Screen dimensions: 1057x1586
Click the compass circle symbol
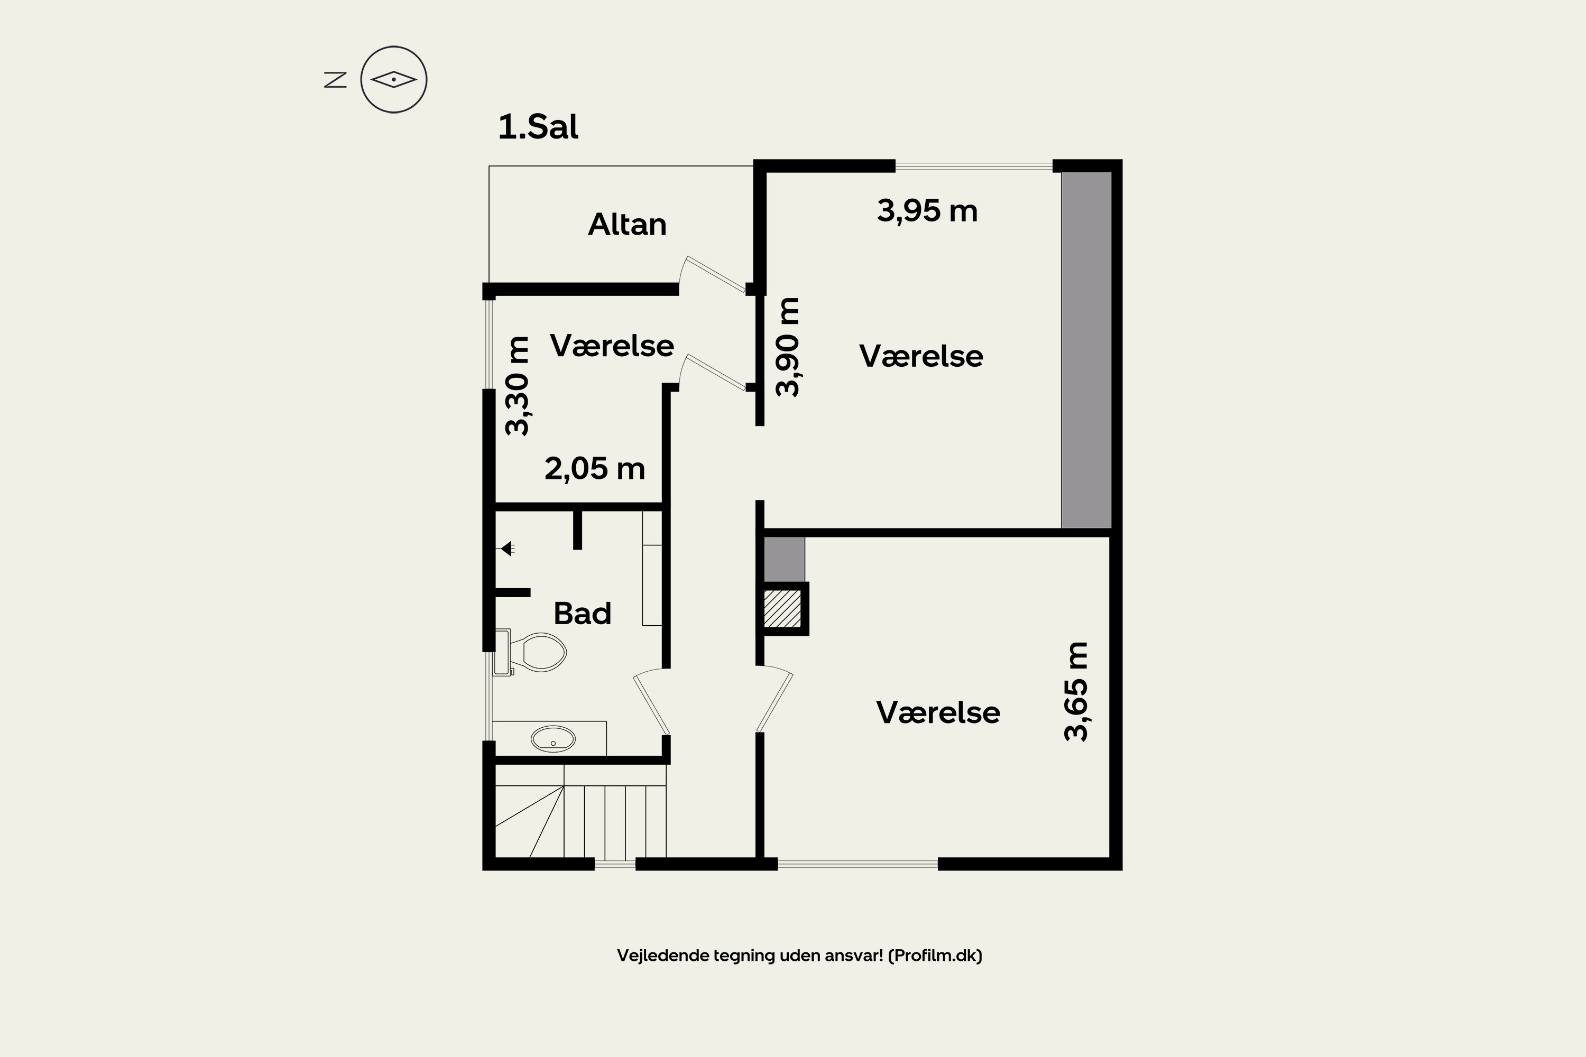(394, 80)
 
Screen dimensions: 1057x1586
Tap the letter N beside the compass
(335, 80)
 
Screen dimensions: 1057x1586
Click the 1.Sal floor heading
(538, 127)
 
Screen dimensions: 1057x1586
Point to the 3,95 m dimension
(927, 211)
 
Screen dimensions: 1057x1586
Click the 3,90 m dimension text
(787, 347)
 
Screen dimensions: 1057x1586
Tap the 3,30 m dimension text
(517, 386)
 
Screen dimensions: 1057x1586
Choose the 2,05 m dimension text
(595, 468)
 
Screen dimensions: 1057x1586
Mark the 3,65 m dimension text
(1075, 692)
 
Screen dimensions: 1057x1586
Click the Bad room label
(582, 614)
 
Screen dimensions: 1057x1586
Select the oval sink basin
(553, 739)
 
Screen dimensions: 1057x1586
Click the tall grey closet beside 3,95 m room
(1086, 350)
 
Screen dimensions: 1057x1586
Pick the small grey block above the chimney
(783, 559)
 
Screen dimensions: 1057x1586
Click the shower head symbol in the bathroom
(507, 549)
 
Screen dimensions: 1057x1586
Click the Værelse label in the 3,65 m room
(937, 712)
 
